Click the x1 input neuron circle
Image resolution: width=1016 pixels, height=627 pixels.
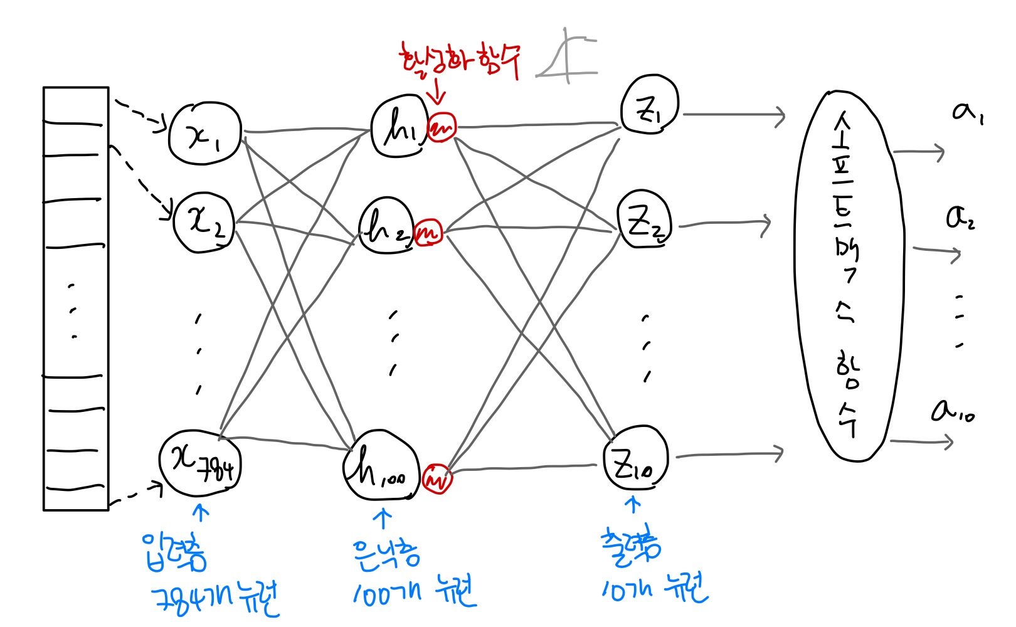204,134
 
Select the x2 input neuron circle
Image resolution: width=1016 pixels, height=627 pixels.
204,223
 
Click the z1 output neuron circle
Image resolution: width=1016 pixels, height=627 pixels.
650,105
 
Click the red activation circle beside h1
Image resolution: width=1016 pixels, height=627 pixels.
442,127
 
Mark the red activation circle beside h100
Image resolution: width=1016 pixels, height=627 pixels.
437,478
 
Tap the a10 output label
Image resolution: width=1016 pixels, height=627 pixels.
952,411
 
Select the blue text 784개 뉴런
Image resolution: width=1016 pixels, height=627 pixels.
216,599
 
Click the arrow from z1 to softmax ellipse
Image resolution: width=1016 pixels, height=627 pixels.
734,115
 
